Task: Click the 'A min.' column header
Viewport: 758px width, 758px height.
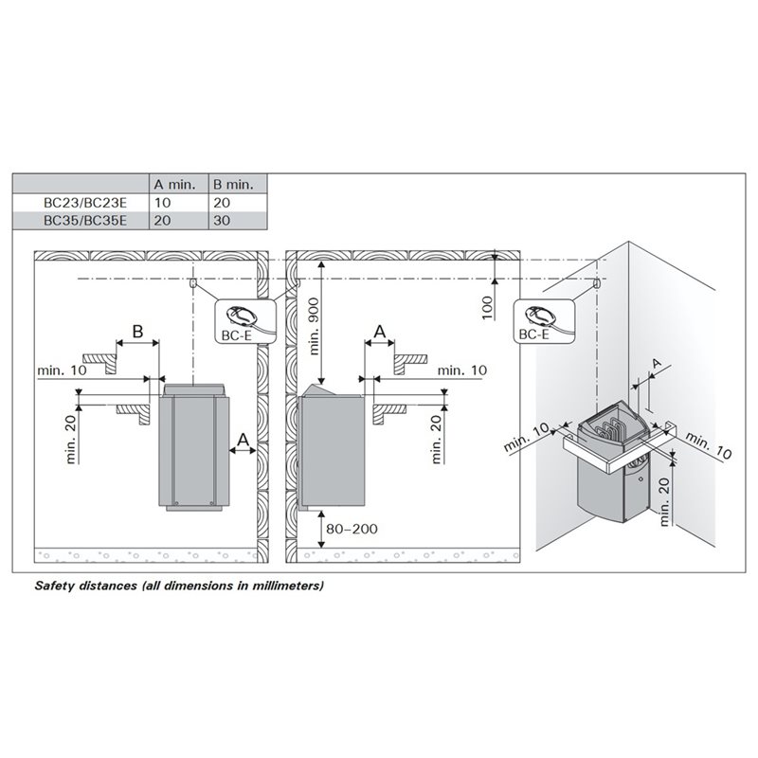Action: [174, 184]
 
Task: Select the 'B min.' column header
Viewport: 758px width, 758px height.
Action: [233, 184]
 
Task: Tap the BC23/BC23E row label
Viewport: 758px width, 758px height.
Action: [85, 203]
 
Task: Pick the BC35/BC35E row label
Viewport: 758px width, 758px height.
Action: [85, 221]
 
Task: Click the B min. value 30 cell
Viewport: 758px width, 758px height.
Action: [222, 221]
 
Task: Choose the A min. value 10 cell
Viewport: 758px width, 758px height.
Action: [162, 203]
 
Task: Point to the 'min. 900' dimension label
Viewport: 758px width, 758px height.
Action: [314, 326]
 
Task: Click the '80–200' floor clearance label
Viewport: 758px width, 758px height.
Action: [352, 529]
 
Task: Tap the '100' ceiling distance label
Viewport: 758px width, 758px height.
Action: [487, 307]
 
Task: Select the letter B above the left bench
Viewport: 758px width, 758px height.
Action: [137, 332]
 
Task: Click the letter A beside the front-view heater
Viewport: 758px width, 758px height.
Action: [243, 440]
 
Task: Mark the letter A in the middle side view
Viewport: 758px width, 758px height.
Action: [380, 332]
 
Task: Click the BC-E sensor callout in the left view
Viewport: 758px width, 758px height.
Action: [244, 321]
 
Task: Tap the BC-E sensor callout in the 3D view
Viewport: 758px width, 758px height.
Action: [544, 321]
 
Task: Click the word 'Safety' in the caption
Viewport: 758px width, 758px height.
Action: [54, 586]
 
